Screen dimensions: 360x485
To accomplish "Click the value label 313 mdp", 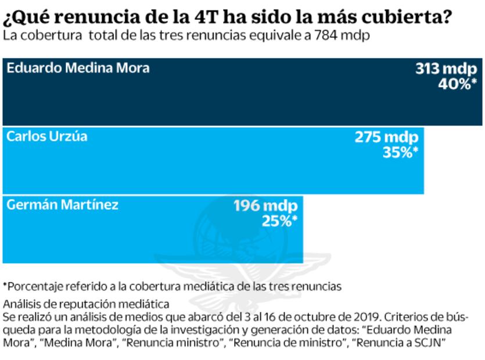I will (x=446, y=69).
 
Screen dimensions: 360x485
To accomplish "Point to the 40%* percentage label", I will (x=457, y=84).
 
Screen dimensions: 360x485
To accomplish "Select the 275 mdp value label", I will (x=386, y=138).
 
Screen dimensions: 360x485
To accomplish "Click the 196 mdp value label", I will (x=265, y=206).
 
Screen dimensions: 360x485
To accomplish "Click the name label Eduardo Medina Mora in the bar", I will (x=78, y=68).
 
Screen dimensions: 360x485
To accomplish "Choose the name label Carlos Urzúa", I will (x=47, y=136).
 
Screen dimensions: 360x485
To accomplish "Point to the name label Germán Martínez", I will (x=62, y=205).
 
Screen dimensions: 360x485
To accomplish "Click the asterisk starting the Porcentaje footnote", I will (x=5, y=285).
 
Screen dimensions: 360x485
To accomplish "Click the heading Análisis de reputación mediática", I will (x=86, y=304).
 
